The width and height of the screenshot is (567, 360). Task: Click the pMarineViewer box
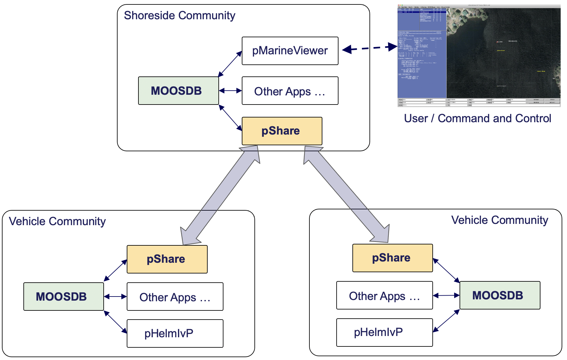pyautogui.click(x=290, y=51)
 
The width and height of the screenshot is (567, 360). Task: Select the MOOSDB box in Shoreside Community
pyautogui.click(x=178, y=91)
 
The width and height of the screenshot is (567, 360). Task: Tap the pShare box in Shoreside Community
pyautogui.click(x=282, y=131)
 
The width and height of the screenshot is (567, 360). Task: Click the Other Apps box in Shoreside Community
pyautogui.click(x=290, y=91)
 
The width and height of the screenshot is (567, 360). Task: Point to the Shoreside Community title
pyautogui.click(x=179, y=15)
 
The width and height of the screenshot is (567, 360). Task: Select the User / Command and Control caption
pyautogui.click(x=477, y=118)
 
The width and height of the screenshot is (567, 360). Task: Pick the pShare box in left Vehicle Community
pyautogui.click(x=167, y=259)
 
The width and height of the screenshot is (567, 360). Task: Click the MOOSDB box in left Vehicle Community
pyautogui.click(x=64, y=297)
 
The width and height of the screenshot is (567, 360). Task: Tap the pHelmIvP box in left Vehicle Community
pyautogui.click(x=175, y=333)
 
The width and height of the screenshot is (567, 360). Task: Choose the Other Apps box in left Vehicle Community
pyautogui.click(x=175, y=297)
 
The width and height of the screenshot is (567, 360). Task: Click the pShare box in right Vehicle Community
pyautogui.click(x=392, y=258)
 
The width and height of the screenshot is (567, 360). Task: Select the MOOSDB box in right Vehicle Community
pyautogui.click(x=500, y=295)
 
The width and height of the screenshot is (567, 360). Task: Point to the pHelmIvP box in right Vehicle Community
pyautogui.click(x=384, y=333)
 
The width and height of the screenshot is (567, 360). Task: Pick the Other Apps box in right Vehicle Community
pyautogui.click(x=384, y=296)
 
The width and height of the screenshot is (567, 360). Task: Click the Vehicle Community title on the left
pyautogui.click(x=57, y=221)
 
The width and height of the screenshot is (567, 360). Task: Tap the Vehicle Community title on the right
pyautogui.click(x=499, y=220)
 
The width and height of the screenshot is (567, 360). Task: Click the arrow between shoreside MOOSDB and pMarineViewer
pyautogui.click(x=230, y=64)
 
